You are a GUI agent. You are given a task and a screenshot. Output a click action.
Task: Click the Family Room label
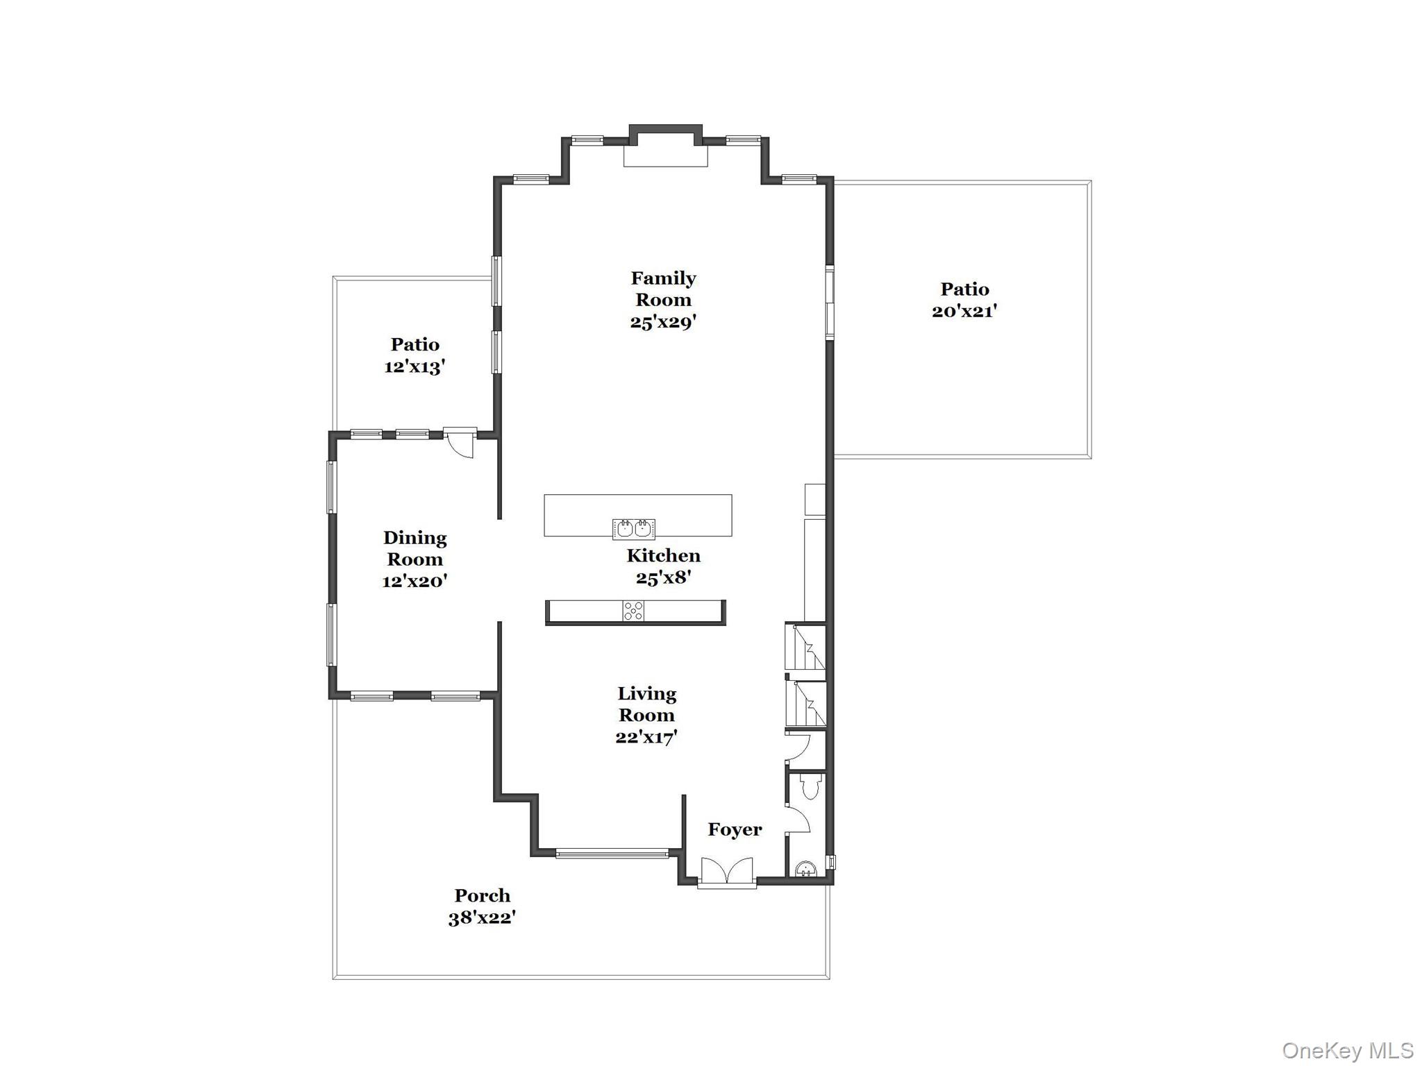(663, 289)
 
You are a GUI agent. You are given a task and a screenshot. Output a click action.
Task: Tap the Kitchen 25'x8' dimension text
(663, 577)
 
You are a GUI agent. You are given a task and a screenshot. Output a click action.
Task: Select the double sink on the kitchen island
(634, 529)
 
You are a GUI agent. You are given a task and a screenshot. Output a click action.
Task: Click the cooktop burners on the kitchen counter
(633, 611)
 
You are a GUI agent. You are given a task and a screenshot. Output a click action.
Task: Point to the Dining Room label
(415, 548)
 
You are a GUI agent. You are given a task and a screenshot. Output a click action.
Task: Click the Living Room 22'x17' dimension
(646, 737)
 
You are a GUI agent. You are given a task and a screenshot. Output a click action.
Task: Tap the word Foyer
(735, 829)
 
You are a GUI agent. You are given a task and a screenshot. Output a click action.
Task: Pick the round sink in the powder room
(805, 868)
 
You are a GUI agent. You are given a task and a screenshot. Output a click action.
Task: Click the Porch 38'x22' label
(482, 906)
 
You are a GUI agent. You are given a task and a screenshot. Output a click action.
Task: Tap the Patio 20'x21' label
(964, 300)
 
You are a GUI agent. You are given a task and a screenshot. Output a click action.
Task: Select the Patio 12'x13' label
(415, 355)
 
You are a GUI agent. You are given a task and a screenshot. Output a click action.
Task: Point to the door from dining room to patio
(460, 443)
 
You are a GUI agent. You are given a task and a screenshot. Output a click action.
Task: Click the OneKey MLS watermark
(1347, 1050)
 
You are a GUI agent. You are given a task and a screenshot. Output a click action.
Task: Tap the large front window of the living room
(612, 853)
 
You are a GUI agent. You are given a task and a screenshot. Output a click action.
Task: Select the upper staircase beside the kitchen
(805, 647)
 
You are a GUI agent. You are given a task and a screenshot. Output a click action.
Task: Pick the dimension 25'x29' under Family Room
(663, 322)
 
